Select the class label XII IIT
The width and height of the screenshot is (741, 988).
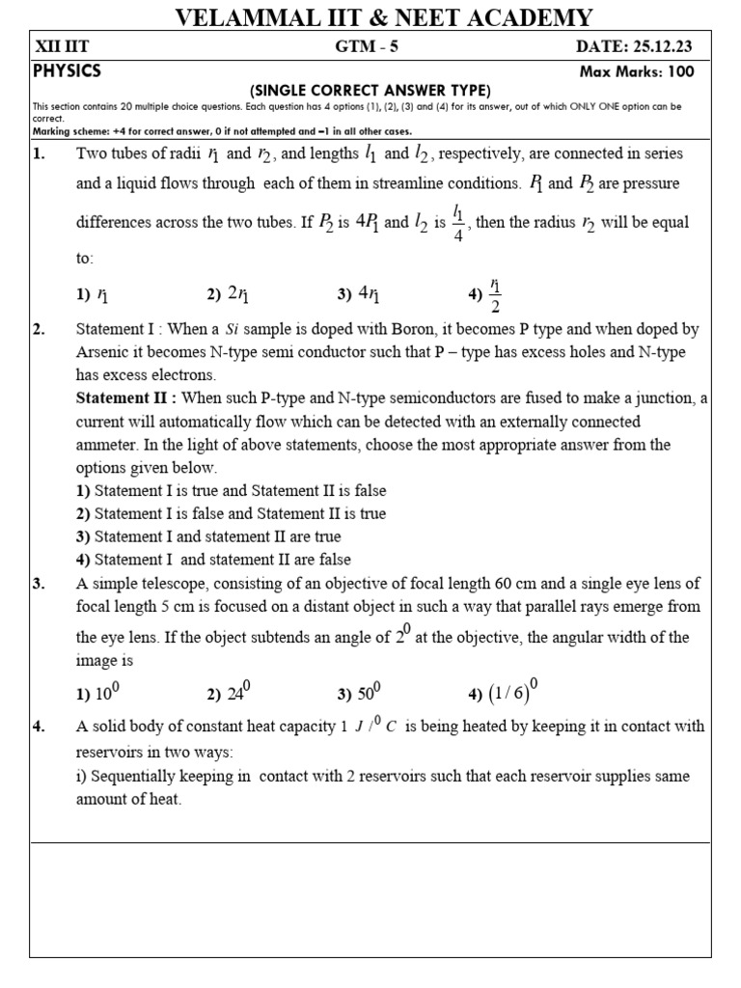coord(62,47)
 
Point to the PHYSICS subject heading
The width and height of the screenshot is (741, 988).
coord(67,70)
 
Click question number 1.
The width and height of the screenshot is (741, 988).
coord(40,154)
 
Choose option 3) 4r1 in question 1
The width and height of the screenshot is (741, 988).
coord(359,295)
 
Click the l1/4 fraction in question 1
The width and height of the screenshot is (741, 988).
coord(458,223)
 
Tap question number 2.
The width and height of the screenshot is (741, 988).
coord(40,330)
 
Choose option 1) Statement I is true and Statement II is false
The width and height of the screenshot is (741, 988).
coord(231,491)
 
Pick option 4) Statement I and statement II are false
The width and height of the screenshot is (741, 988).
coord(213,560)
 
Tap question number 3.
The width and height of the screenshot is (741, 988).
coord(40,584)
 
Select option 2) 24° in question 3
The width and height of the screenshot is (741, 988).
coord(229,693)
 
